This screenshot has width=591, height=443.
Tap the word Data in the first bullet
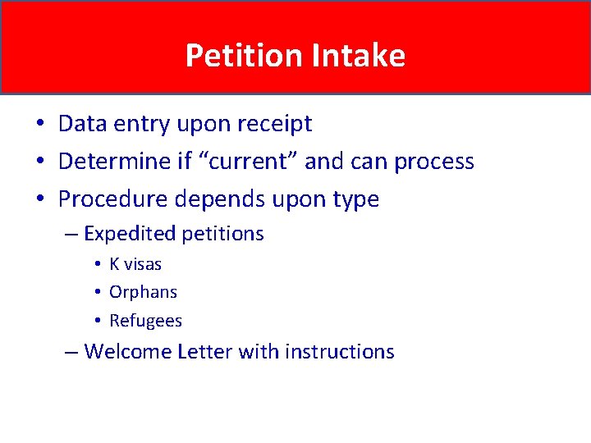pos(78,124)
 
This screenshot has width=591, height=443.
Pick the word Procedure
pos(112,199)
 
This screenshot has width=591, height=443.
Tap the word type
pos(353,200)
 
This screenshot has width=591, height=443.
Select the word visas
pos(143,264)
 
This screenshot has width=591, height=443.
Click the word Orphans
pos(143,292)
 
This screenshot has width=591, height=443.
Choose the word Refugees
pos(145,321)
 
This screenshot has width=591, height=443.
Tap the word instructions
pos(340,352)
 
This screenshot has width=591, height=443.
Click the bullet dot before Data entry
pos(39,125)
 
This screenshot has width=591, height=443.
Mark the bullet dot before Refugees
pos(97,321)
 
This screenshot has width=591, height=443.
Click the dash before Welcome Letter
pos(72,352)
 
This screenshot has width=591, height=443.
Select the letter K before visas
pos(114,264)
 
